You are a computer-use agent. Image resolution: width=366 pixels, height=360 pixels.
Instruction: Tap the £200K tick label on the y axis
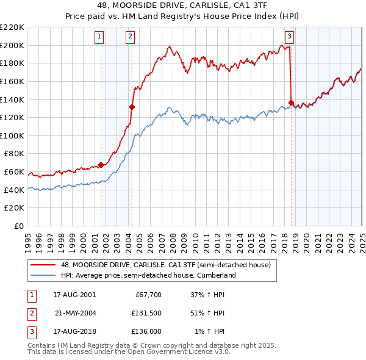coord(12,45)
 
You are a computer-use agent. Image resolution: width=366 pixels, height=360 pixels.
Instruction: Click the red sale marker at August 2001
coord(101,164)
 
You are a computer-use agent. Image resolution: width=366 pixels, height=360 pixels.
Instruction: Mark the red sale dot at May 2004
coord(132,106)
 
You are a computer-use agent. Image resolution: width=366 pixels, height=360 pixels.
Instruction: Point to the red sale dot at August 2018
coord(291,103)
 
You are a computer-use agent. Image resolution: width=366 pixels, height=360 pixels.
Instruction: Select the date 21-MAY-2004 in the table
coord(75,313)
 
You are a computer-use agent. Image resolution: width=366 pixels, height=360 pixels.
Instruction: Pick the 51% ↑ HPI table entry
coord(207,313)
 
